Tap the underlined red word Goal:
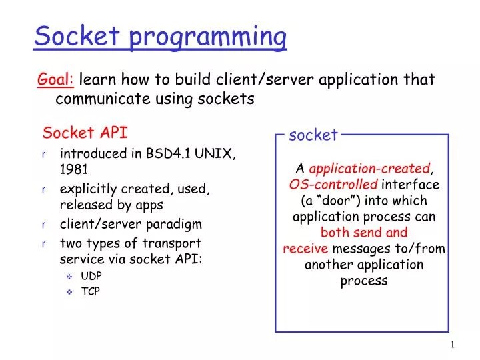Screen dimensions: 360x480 56,80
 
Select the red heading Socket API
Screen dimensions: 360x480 85,133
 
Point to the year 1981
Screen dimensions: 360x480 74,169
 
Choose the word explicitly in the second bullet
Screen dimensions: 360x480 89,189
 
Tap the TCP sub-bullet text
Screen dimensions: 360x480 90,291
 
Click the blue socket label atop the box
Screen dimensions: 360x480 313,135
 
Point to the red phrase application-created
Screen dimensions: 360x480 370,168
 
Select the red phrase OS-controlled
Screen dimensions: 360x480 333,185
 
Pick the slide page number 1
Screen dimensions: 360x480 453,344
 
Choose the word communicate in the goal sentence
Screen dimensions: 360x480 97,99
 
